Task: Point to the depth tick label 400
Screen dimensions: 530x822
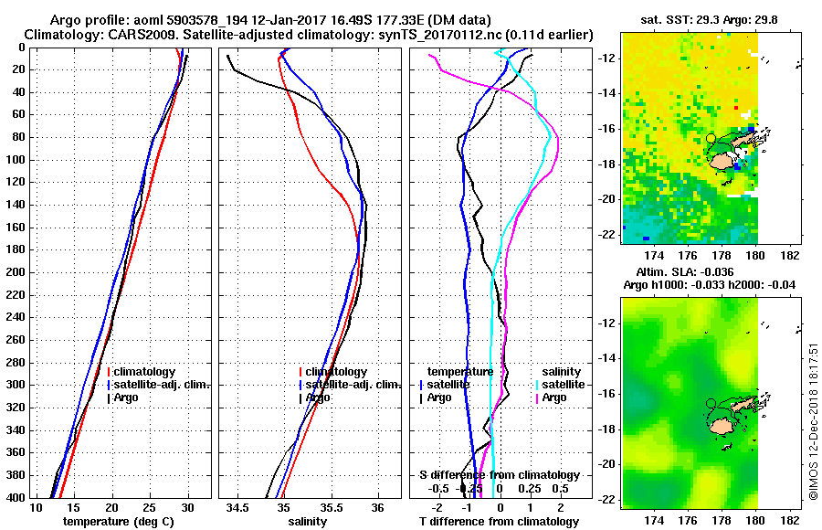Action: point(15,497)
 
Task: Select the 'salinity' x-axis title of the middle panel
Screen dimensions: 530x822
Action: point(306,522)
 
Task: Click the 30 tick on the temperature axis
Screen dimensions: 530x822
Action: point(188,507)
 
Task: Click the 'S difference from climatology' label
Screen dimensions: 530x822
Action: point(500,475)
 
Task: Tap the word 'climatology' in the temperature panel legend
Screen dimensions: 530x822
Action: point(145,372)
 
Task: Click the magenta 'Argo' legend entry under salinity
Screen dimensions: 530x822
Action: point(554,397)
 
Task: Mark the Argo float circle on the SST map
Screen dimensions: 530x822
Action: point(711,138)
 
